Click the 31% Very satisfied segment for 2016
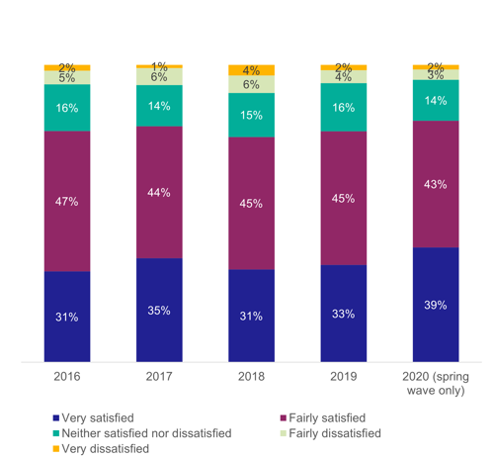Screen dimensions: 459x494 (67, 317)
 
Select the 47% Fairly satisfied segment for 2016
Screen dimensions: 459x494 (67, 201)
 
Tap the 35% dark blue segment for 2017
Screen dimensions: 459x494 (159, 310)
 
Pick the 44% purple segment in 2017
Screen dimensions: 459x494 (159, 192)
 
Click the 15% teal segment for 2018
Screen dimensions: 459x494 (251, 115)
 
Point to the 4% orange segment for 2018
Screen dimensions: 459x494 (251, 70)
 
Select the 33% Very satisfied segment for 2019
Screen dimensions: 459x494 (343, 314)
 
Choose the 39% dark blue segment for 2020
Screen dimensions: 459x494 (436, 305)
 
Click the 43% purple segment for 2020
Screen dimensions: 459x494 (436, 184)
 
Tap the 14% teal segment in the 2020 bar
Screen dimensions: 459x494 (436, 101)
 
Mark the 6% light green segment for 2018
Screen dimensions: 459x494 (251, 85)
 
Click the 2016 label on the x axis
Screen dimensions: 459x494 (67, 376)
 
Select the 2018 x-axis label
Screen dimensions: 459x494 (251, 376)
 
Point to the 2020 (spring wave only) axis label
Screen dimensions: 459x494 (436, 383)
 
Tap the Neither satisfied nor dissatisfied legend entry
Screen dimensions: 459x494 (142, 433)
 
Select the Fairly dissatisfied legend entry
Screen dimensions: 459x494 (331, 433)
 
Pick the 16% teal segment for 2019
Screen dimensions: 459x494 (343, 107)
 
